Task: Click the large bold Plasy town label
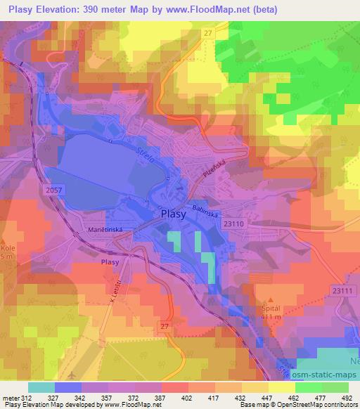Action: (173, 215)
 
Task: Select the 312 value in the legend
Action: (25, 397)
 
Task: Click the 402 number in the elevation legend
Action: (186, 397)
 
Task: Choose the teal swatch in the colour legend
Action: (41, 387)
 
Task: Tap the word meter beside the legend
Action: (11, 397)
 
